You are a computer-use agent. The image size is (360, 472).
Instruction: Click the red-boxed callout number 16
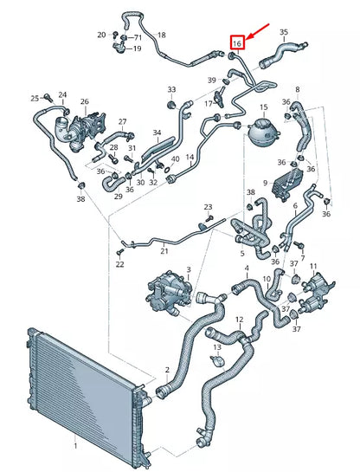click(237, 42)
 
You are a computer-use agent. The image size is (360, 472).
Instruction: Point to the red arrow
click(258, 31)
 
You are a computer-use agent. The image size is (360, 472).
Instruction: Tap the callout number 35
click(284, 32)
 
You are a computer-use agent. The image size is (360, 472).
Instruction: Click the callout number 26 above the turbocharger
click(85, 101)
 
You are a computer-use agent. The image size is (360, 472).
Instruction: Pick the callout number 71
click(138, 37)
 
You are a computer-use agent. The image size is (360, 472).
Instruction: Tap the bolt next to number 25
click(48, 97)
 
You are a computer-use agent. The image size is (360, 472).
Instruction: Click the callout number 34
click(157, 133)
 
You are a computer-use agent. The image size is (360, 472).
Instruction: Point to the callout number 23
click(208, 207)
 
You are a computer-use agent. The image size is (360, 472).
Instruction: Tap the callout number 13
click(217, 347)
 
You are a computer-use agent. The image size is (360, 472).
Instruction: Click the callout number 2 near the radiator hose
click(167, 370)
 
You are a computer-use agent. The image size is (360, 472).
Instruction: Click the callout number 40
click(175, 159)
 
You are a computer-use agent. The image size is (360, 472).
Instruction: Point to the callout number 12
click(240, 320)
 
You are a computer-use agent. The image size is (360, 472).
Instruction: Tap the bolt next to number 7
click(299, 244)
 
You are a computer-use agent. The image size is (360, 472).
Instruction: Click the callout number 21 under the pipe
click(164, 250)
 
